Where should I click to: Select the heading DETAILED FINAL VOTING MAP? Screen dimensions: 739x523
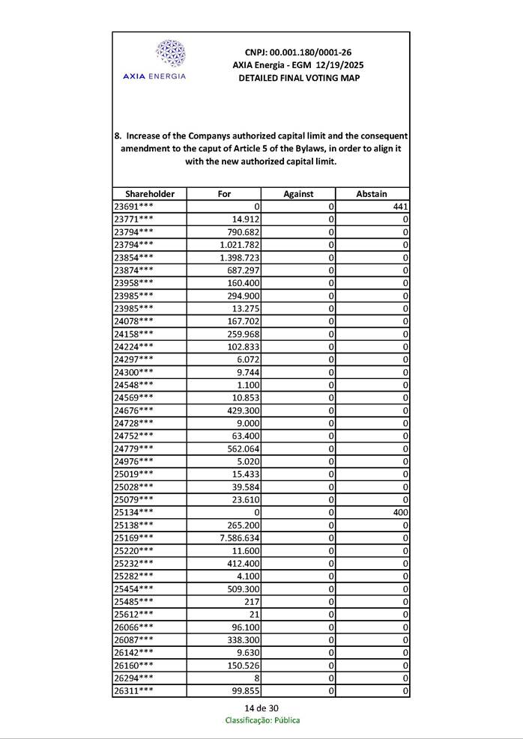298,78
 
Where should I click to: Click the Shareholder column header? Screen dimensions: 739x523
150,194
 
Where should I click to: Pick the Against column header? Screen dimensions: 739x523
298,194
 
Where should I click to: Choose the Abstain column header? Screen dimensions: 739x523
372,194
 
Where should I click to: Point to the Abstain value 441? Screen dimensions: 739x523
399,207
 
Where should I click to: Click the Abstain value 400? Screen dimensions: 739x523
399,512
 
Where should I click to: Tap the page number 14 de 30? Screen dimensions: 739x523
261,708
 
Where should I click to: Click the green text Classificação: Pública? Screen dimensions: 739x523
262,720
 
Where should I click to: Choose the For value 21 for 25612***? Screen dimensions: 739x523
253,614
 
